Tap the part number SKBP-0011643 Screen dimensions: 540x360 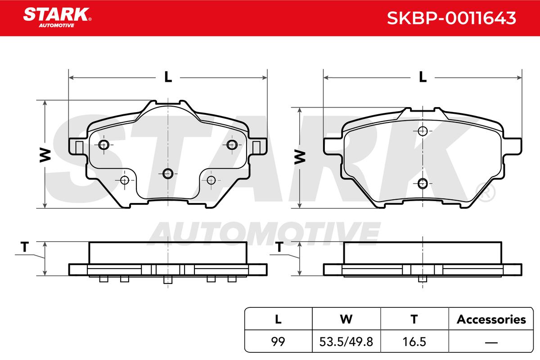click(x=451, y=18)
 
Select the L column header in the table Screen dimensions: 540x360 click(x=278, y=319)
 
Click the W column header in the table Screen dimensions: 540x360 click(x=346, y=319)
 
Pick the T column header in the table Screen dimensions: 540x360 click(x=414, y=319)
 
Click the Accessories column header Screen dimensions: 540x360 click(x=491, y=319)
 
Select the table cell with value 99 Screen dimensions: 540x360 click(x=278, y=342)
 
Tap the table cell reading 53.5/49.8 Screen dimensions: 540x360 click(x=346, y=342)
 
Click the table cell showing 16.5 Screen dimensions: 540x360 click(x=414, y=342)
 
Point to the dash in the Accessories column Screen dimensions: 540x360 click(x=491, y=342)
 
